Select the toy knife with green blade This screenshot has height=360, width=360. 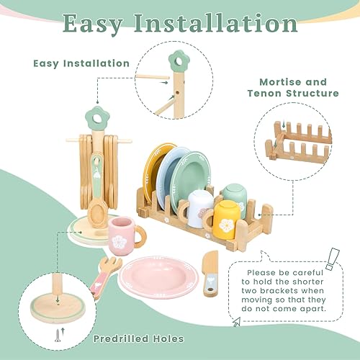(x=210, y=273)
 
